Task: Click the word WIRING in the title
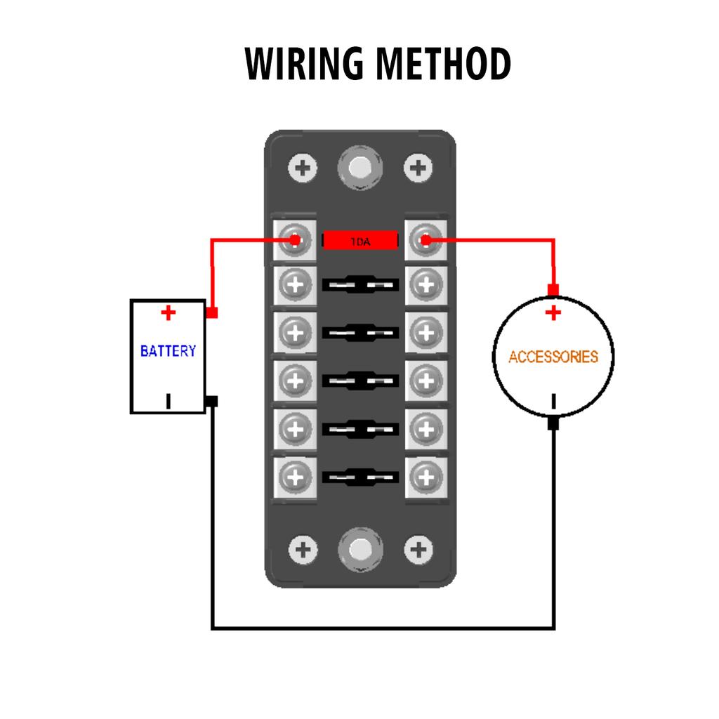[x=306, y=65]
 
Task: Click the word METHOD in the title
[x=442, y=65]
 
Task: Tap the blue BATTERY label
[x=168, y=350]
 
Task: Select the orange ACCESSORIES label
[x=553, y=357]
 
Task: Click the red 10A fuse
[x=360, y=241]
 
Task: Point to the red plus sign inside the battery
[x=168, y=312]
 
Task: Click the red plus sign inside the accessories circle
[x=553, y=312]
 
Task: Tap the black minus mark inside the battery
[x=168, y=401]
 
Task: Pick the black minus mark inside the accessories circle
[x=553, y=402]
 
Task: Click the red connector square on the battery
[x=212, y=312]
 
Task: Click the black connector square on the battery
[x=212, y=402]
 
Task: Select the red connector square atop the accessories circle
[x=553, y=290]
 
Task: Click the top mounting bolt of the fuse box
[x=359, y=168]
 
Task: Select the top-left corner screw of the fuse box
[x=303, y=168]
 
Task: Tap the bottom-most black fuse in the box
[x=360, y=477]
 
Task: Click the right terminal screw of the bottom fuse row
[x=425, y=477]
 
